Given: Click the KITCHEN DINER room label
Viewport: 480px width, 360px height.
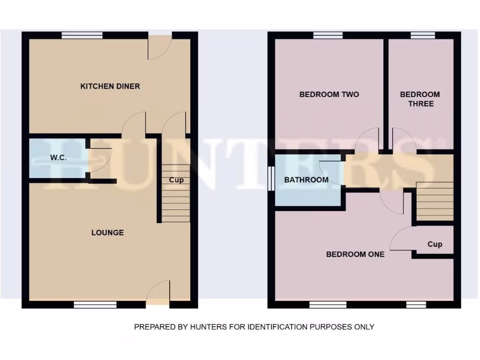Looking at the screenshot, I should pyautogui.click(x=110, y=86).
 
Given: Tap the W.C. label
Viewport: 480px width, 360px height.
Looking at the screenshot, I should pyautogui.click(x=59, y=158).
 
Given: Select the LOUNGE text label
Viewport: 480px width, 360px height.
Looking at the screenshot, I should pyautogui.click(x=107, y=232).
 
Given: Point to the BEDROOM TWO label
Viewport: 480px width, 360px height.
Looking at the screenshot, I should pyautogui.click(x=329, y=94).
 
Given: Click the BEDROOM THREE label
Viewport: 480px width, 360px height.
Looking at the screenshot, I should pyautogui.click(x=420, y=99).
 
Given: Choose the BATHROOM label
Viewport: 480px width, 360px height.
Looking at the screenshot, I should pyautogui.click(x=306, y=180).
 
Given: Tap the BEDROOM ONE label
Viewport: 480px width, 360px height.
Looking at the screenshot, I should pyautogui.click(x=355, y=255).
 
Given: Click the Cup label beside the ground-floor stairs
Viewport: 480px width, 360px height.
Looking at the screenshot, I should pyautogui.click(x=176, y=180).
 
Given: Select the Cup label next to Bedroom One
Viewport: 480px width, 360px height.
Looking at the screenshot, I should pyautogui.click(x=435, y=244).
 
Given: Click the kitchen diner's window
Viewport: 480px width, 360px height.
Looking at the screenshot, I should pyautogui.click(x=82, y=35).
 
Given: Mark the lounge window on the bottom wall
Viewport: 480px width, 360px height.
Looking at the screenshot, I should pyautogui.click(x=95, y=305).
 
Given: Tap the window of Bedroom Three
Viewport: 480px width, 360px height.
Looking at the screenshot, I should pyautogui.click(x=423, y=35).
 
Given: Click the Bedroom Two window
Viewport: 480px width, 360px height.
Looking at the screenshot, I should pyautogui.click(x=328, y=35).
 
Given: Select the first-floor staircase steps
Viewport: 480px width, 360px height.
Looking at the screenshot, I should pyautogui.click(x=435, y=201).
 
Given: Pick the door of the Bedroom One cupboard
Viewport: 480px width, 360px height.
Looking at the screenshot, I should pyautogui.click(x=401, y=239).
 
